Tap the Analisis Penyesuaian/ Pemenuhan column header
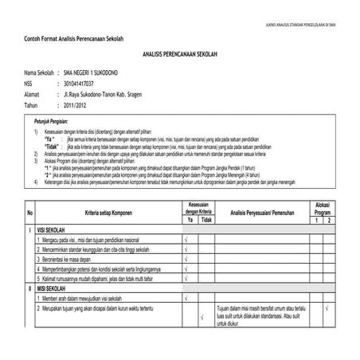[254, 212]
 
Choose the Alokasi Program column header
[322, 208]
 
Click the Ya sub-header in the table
[186, 220]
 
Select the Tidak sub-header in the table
[206, 220]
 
